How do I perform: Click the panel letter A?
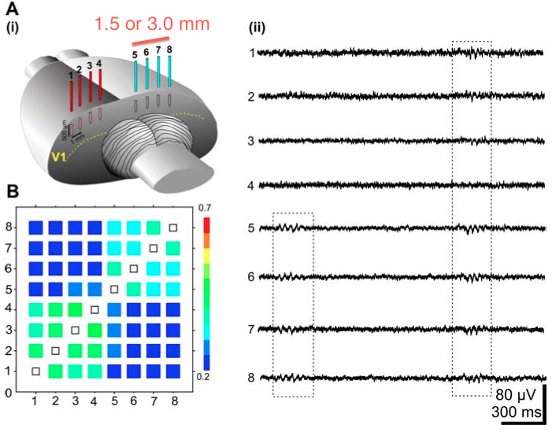(13, 10)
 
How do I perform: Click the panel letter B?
(13, 191)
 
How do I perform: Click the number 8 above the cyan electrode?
(170, 50)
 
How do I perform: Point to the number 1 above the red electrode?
(71, 75)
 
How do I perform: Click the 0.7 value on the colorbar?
(206, 206)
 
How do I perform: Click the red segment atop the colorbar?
(206, 227)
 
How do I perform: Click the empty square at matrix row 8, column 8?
(174, 227)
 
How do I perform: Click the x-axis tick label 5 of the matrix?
(114, 402)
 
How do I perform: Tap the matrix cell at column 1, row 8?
(35, 227)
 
